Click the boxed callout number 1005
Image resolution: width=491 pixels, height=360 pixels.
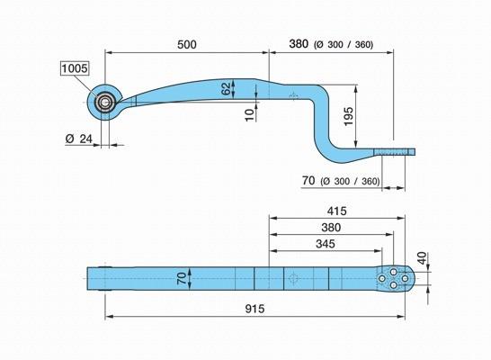75,68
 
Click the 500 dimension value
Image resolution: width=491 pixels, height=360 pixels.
187,44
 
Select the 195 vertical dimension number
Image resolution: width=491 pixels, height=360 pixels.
349,116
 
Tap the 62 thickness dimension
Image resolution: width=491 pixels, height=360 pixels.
226,89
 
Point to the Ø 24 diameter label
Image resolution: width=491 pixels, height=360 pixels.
79,139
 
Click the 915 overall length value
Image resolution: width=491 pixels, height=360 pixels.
254,309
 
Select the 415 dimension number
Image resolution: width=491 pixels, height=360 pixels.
336,211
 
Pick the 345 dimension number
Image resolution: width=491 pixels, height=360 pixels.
326,244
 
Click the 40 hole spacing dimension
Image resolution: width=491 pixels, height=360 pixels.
423,258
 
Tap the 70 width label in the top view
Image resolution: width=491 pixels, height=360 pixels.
182,278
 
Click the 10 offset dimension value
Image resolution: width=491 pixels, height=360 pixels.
249,115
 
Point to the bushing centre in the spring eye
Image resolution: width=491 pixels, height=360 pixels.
104,102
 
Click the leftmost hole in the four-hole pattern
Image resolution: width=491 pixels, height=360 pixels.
381,278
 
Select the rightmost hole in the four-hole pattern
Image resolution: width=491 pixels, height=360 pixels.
405,278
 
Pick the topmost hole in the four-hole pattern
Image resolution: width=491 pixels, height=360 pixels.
393,271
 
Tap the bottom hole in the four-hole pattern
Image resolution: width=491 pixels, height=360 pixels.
393,285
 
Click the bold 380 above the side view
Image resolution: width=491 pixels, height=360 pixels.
299,44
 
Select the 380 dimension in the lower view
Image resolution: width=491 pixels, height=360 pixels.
331,227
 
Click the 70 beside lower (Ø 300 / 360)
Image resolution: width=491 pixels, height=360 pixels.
308,181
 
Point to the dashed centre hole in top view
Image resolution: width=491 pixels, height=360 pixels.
293,278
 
